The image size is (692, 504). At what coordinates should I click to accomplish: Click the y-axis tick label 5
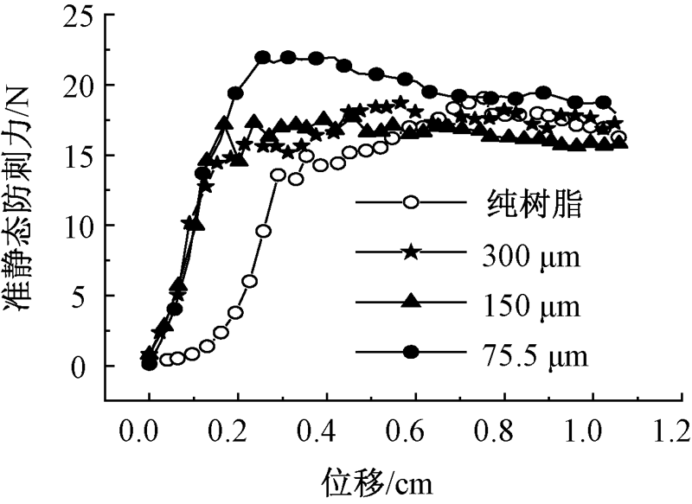pos(86,297)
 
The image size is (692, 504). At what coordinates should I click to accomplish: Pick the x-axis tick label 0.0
pos(149,430)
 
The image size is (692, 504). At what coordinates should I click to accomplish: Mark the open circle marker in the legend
pos(412,204)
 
